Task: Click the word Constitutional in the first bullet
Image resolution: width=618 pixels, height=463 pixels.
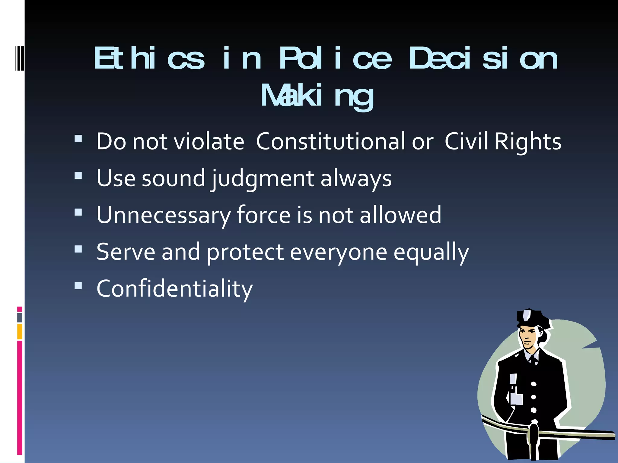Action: point(330,141)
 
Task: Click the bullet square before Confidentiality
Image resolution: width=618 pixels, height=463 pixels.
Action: point(78,285)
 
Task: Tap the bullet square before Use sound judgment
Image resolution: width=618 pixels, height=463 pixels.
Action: point(78,175)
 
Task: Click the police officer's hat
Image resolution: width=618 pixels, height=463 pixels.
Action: point(531,318)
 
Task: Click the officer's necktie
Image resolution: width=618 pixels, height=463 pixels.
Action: point(534,360)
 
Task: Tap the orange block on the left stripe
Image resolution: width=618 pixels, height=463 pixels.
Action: point(20,332)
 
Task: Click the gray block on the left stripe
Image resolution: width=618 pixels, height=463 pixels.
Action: point(20,318)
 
